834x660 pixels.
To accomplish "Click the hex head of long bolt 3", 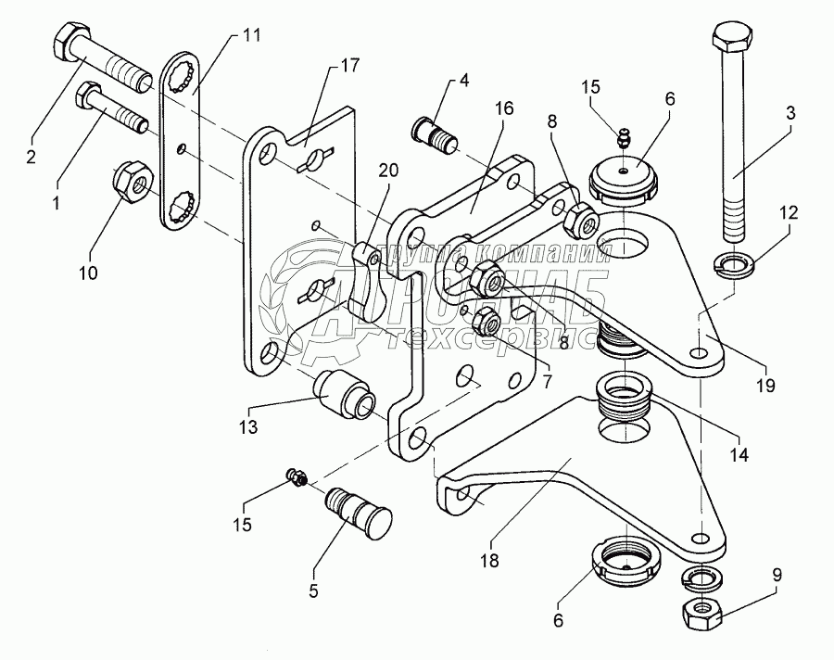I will tap(732, 43).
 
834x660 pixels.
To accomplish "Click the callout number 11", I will tap(252, 36).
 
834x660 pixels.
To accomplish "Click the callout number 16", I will tap(503, 108).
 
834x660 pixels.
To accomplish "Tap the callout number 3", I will tap(790, 112).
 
